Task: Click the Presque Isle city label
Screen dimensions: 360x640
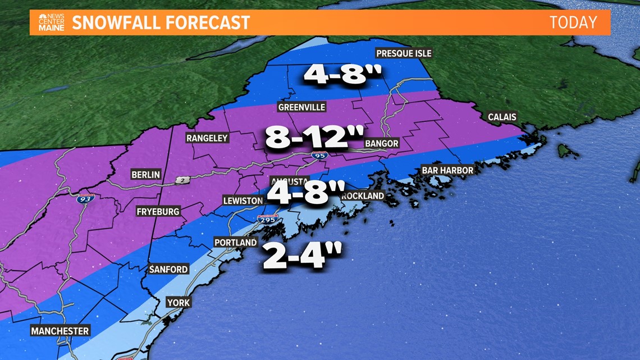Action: (404, 53)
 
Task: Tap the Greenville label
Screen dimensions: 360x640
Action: (301, 107)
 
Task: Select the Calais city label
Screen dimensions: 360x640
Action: (502, 117)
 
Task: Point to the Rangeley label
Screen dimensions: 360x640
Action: (207, 138)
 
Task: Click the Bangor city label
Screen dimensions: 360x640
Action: (381, 143)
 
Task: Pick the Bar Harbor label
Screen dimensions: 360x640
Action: (447, 170)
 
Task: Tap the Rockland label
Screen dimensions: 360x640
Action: (363, 196)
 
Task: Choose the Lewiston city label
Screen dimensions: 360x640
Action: (243, 200)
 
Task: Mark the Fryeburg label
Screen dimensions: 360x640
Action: (158, 212)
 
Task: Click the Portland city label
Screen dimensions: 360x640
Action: (235, 243)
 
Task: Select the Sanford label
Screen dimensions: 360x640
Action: (168, 270)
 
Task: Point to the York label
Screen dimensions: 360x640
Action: (179, 303)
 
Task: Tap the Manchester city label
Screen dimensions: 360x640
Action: (60, 331)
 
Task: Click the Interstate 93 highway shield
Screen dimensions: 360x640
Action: (86, 198)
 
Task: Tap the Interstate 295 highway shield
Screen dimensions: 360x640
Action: (267, 220)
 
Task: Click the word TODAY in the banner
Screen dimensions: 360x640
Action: (573, 22)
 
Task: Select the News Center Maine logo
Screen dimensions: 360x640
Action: (51, 22)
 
